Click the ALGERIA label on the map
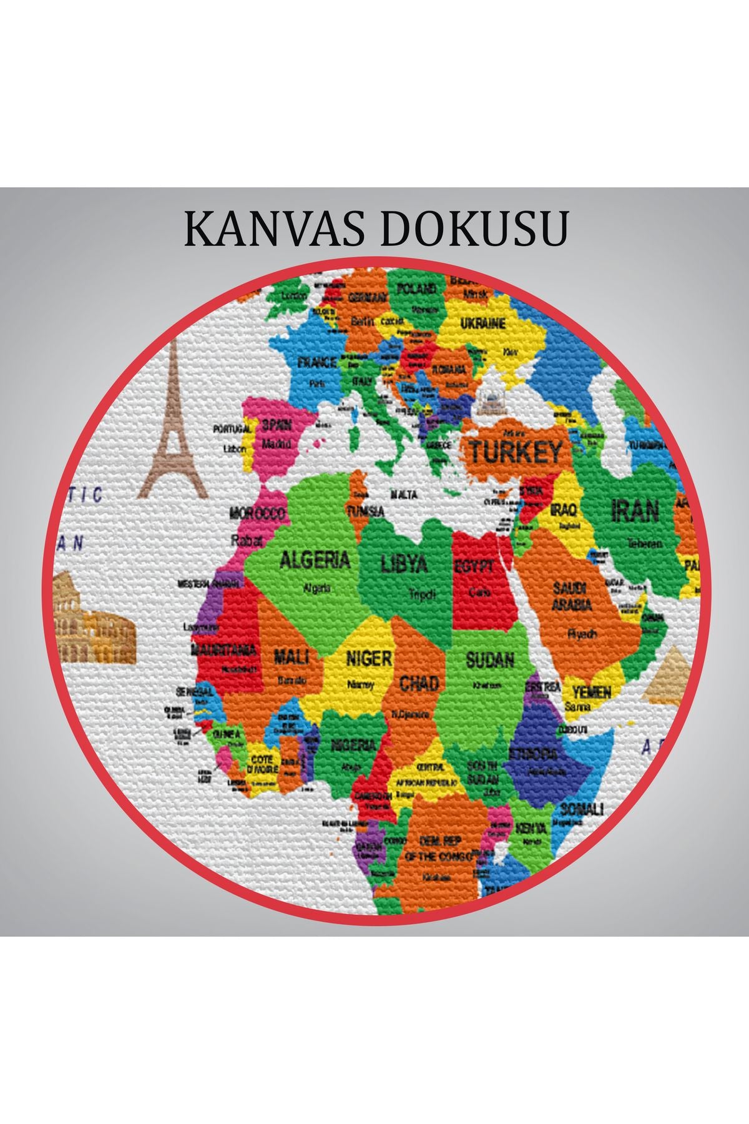pos(314,560)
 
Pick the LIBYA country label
pos(404,564)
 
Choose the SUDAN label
pos(490,659)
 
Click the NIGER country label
pos(369,658)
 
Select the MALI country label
pos(291,657)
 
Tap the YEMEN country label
pos(592,691)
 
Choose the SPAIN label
pos(277,425)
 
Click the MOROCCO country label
pos(257,514)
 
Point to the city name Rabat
pos(247,540)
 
